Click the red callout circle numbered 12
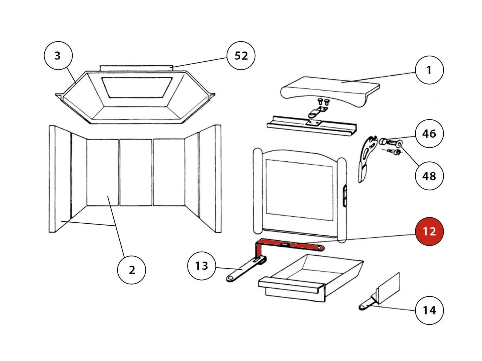pos(429,231)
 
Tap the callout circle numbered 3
pos(58,56)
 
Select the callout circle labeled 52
pos(241,56)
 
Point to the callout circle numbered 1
pos(429,70)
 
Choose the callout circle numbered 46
pos(429,133)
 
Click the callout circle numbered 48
pos(429,176)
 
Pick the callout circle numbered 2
pos(131,270)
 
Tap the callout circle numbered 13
pos(202,266)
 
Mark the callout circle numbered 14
pos(429,310)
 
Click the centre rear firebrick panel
pos(136,172)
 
